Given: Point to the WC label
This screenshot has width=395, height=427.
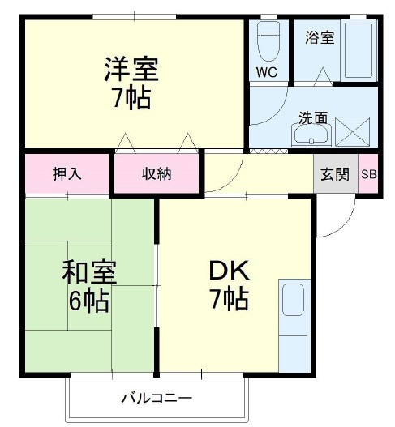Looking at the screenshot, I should click(267, 71).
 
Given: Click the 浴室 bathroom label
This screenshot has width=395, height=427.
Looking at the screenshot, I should click(319, 37).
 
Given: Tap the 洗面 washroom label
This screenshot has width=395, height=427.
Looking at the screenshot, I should click(313, 117).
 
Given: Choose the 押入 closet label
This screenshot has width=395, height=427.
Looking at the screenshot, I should click(67, 173).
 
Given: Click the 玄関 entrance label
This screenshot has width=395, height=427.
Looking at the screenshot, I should click(335, 173).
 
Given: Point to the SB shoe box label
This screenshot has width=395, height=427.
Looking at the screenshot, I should click(368, 173).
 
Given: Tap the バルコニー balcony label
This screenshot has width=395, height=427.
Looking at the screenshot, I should click(157, 399).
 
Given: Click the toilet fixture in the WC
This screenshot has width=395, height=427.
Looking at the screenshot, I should click(267, 41).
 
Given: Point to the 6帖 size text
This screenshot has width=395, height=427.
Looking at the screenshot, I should click(89, 301).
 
